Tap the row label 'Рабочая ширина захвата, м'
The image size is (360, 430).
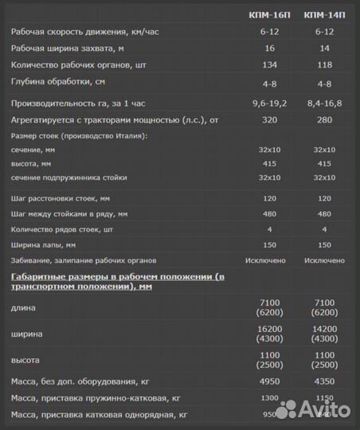(x=70, y=49)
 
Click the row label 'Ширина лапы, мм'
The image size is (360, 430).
(x=43, y=245)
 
